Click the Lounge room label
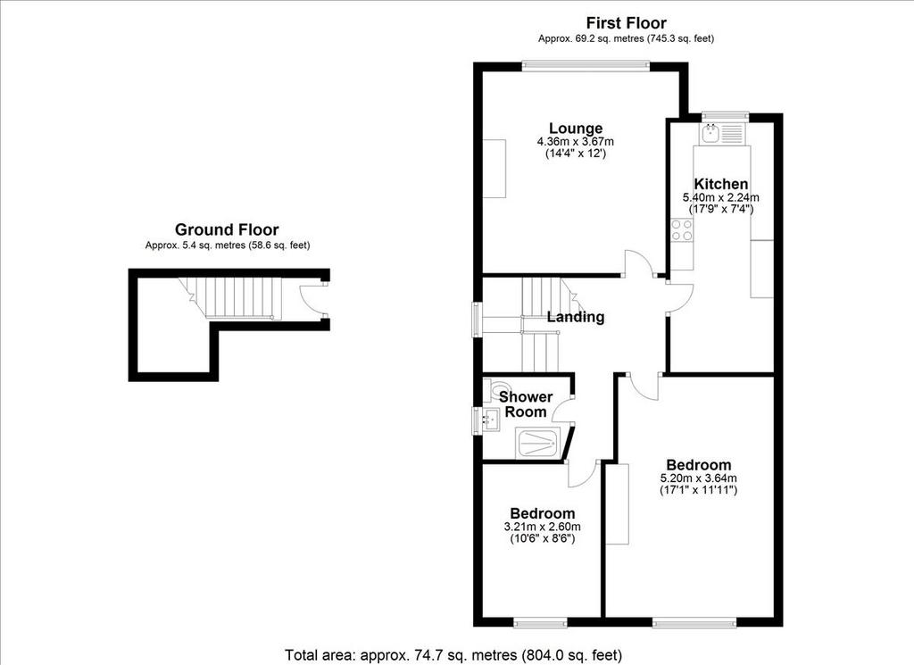click(x=576, y=129)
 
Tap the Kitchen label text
click(x=720, y=184)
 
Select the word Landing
click(x=576, y=317)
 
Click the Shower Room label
click(x=526, y=403)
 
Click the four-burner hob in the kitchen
click(x=681, y=229)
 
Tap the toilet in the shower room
click(x=496, y=389)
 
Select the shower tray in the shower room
click(x=538, y=443)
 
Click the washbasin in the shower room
click(x=490, y=420)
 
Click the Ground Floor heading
click(x=227, y=229)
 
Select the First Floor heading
click(x=626, y=23)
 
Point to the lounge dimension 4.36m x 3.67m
click(x=576, y=142)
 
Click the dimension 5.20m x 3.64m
click(x=698, y=478)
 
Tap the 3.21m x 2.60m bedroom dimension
click(x=542, y=527)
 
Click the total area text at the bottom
click(x=453, y=655)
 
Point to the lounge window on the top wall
click(x=586, y=66)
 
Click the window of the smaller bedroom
click(x=540, y=623)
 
